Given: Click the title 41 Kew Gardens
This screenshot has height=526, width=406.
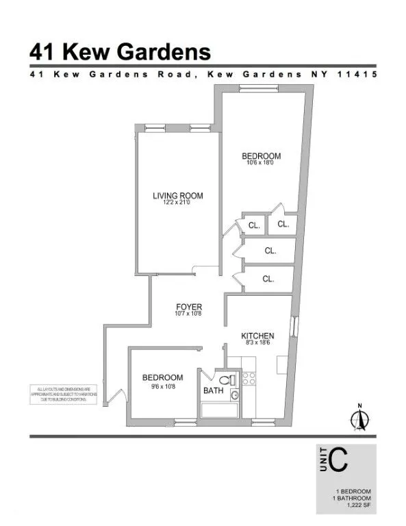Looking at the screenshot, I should [x=120, y=51].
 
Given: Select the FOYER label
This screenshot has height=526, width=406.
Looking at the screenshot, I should [x=189, y=306].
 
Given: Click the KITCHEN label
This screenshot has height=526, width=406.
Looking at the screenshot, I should [x=257, y=336].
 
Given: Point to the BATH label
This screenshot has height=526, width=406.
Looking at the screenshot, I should [x=214, y=390].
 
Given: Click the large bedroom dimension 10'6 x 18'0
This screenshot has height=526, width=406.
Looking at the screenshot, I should [x=261, y=163].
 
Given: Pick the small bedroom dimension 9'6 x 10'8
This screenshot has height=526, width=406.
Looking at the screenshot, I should [x=162, y=385].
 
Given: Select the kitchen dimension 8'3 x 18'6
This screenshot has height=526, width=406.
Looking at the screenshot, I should [x=257, y=343].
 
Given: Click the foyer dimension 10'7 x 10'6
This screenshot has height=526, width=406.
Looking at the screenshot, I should [x=189, y=314].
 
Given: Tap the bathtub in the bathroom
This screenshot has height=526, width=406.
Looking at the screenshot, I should [x=219, y=410].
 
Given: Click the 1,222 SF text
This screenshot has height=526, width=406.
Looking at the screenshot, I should [x=355, y=508].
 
